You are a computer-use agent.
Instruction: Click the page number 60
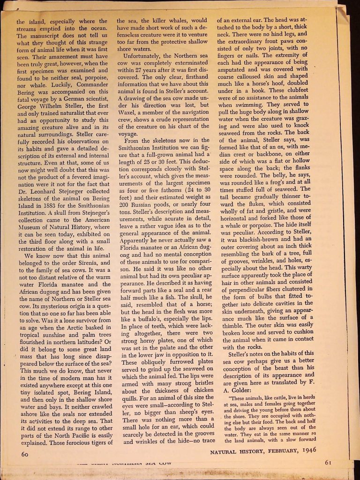[x=26, y=454]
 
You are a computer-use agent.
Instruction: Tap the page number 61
[x=328, y=462]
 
